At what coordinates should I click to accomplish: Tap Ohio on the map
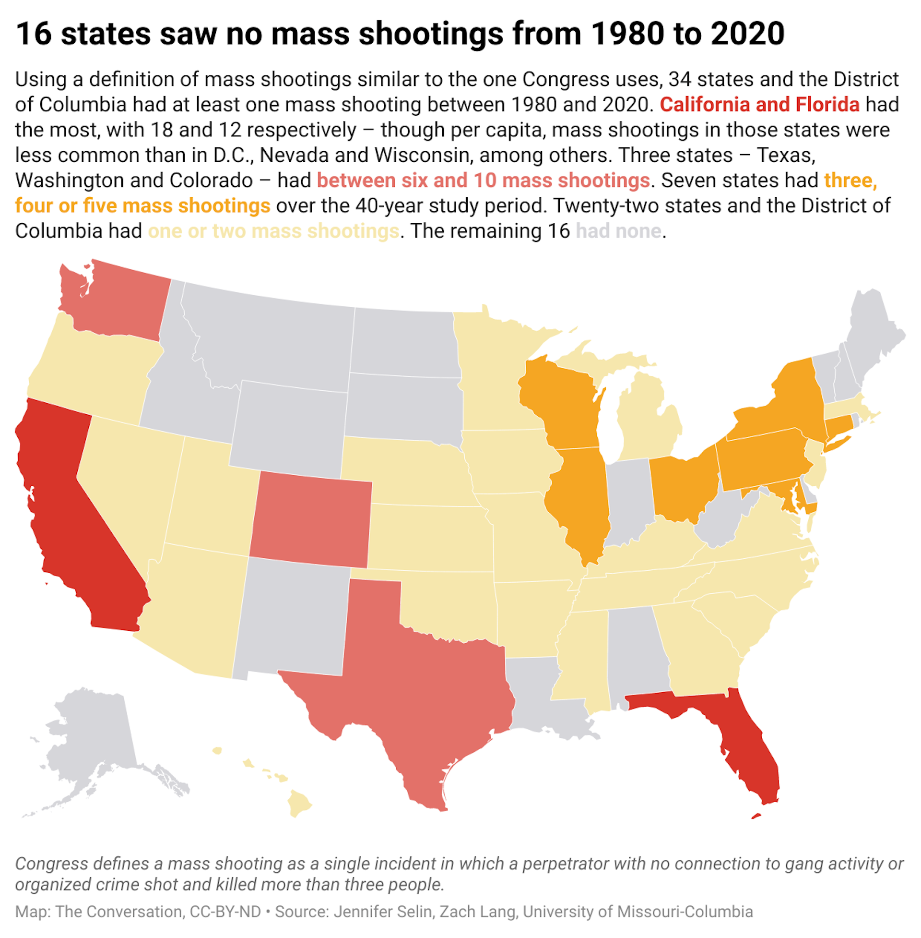coord(682,489)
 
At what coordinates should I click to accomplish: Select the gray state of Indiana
coord(626,499)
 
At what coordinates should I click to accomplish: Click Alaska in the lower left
coord(92,736)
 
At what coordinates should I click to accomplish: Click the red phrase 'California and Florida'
coord(759,105)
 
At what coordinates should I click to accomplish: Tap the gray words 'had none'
coord(618,231)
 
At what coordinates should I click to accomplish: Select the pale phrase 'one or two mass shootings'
coord(273,231)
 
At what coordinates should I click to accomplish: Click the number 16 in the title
coord(34,34)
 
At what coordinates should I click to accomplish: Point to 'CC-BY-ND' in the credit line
coord(225,912)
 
